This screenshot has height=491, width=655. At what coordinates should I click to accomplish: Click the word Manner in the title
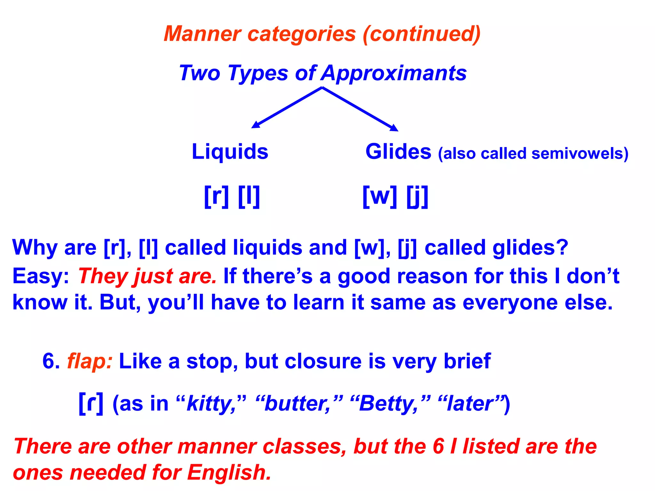click(x=202, y=34)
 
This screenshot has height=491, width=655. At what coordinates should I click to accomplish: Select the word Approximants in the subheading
click(x=394, y=73)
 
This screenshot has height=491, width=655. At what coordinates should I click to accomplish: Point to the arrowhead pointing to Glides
click(x=394, y=128)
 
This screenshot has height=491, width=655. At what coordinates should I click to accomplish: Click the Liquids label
click(x=230, y=152)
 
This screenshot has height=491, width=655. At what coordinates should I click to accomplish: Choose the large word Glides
click(x=398, y=152)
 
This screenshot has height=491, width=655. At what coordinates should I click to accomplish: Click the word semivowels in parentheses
click(x=577, y=154)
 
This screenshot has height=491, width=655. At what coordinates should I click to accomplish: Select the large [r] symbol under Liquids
click(x=217, y=197)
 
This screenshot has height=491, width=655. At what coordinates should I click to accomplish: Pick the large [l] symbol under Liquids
click(x=249, y=197)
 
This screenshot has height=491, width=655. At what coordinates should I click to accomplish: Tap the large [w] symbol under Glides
click(x=380, y=197)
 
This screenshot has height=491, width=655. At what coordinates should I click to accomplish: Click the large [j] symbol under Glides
click(x=417, y=197)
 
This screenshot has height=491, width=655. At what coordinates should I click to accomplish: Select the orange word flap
click(x=90, y=362)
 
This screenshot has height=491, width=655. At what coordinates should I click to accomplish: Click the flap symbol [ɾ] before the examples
click(x=91, y=403)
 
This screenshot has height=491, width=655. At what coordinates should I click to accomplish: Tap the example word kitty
click(x=211, y=404)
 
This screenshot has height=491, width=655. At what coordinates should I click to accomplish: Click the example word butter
click(x=297, y=404)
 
